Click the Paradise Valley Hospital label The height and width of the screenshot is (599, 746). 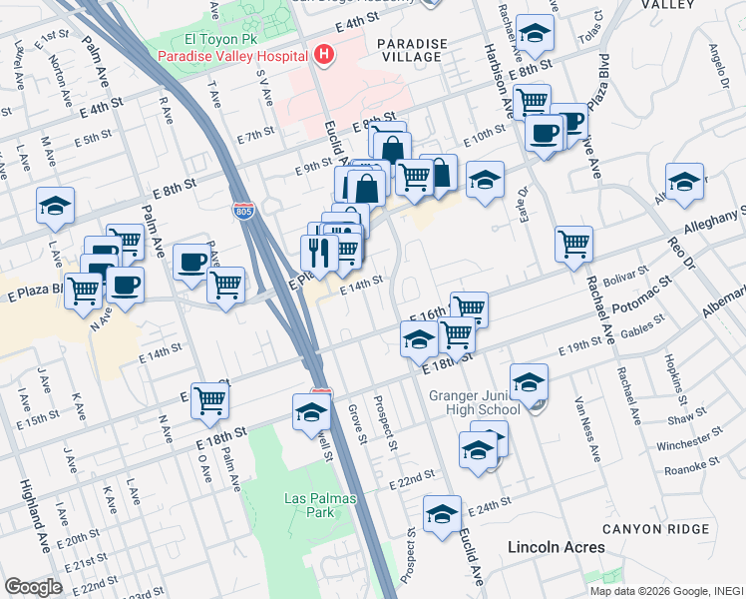(230, 56)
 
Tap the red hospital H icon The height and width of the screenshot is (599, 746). (322, 56)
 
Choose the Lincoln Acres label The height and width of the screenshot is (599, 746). (556, 547)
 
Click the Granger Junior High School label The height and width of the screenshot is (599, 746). (474, 402)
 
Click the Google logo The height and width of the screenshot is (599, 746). (34, 587)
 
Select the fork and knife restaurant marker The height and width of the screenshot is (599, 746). (318, 252)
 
